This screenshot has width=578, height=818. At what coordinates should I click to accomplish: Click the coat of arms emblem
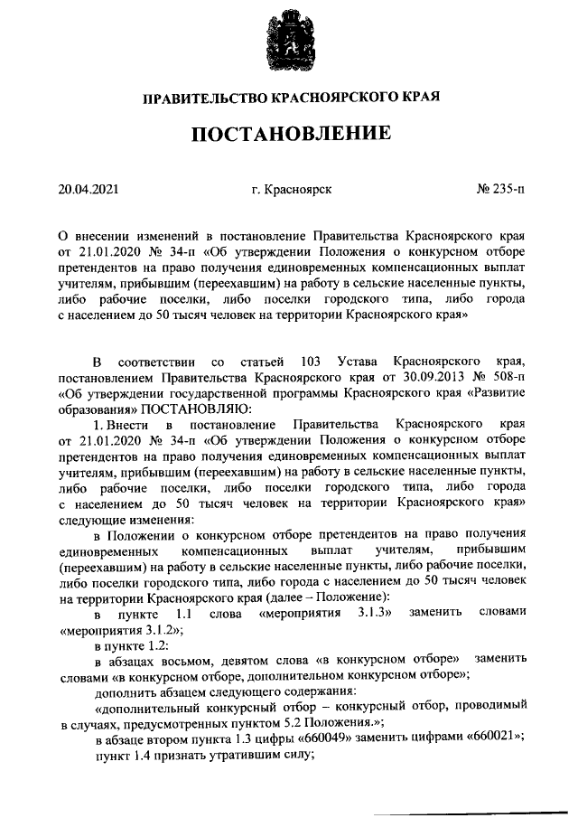(x=288, y=42)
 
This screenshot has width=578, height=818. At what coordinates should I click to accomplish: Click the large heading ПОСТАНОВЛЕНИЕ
(x=290, y=135)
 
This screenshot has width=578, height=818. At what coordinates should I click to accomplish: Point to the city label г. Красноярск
(x=292, y=190)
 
